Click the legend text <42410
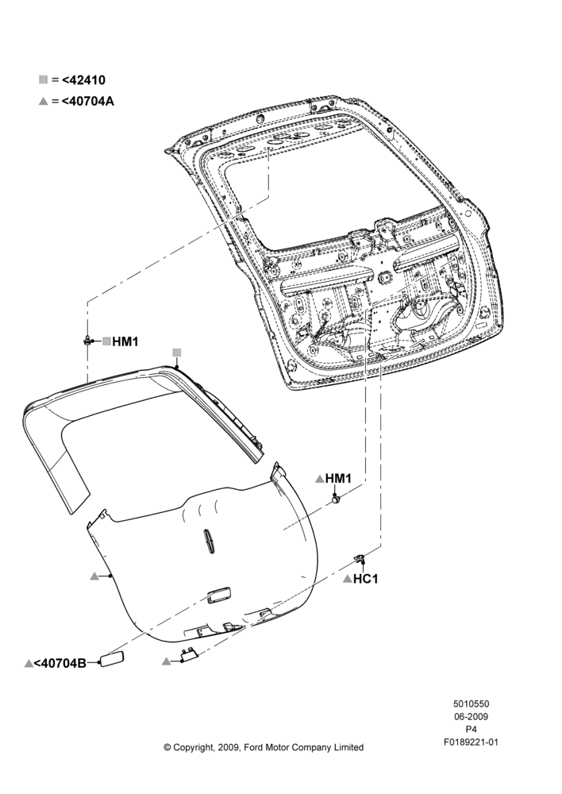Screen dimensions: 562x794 83,80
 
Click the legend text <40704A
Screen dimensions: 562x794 88,102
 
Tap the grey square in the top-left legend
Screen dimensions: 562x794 44,79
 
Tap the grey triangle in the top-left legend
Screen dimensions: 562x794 44,102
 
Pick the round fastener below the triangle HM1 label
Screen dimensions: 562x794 336,500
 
